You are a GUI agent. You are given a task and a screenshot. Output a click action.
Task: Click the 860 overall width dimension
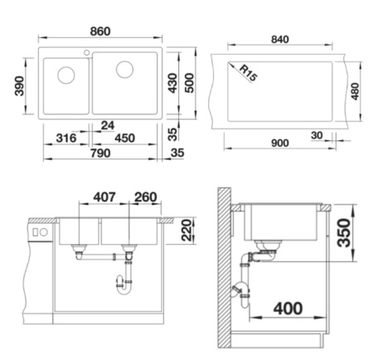(100, 32)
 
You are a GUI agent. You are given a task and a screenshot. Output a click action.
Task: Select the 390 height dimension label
(20, 86)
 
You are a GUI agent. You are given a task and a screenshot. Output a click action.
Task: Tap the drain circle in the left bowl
(66, 75)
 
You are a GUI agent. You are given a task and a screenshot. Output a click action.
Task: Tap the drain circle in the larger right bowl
(124, 70)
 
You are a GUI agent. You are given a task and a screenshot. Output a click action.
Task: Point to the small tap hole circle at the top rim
(87, 52)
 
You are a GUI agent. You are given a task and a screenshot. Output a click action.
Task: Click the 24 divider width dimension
(108, 125)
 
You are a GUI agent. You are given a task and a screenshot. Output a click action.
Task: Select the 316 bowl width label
(66, 138)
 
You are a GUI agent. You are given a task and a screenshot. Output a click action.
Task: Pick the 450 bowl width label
(125, 138)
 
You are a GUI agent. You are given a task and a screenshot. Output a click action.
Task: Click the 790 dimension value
(100, 153)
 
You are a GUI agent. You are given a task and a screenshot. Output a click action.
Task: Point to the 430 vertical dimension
(172, 83)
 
